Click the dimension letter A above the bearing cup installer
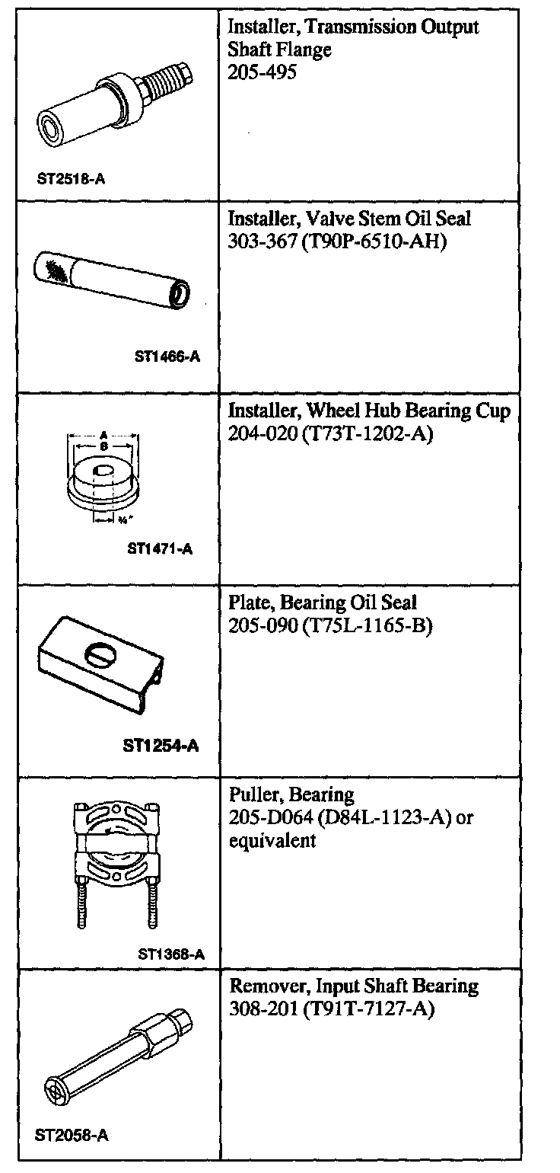point(102,429)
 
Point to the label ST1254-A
point(161,746)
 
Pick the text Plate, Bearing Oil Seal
point(323,603)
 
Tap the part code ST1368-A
point(172,954)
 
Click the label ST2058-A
point(72,1135)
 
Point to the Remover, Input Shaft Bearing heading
point(354,986)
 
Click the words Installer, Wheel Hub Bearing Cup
point(369,411)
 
